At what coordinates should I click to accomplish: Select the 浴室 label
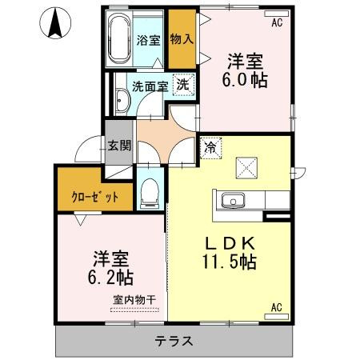(147, 39)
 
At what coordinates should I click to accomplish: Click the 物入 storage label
(182, 39)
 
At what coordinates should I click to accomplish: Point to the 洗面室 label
(150, 86)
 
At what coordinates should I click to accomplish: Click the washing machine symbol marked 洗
(182, 84)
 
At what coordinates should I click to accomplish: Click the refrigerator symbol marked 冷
(210, 147)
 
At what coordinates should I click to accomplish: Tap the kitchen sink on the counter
(230, 200)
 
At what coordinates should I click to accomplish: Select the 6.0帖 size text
(246, 80)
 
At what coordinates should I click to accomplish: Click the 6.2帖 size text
(111, 278)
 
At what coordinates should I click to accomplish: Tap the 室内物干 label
(134, 299)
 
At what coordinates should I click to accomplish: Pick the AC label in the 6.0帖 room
(277, 22)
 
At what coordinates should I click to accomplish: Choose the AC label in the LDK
(277, 307)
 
